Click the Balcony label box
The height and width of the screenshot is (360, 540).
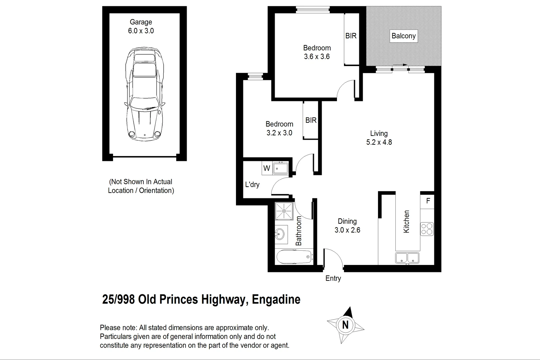click(403, 36)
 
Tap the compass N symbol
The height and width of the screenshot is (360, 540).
click(345, 324)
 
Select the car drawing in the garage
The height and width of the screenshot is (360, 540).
click(145, 93)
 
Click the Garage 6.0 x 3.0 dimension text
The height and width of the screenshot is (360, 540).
click(141, 31)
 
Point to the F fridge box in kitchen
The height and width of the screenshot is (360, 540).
click(428, 201)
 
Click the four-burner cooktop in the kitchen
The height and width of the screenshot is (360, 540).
click(427, 229)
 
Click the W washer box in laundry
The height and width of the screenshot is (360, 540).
click(267, 168)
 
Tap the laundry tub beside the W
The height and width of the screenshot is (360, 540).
click(280, 168)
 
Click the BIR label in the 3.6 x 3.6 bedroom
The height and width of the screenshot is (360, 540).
click(351, 36)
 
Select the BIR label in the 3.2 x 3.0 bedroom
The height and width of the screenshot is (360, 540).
click(311, 120)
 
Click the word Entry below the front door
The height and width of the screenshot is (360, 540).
click(333, 278)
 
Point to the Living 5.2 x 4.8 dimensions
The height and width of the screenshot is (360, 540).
click(379, 142)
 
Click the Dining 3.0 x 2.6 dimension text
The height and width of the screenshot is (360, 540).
click(347, 230)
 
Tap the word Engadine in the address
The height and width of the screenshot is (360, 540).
click(276, 299)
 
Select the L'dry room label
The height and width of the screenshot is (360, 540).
click(252, 185)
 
